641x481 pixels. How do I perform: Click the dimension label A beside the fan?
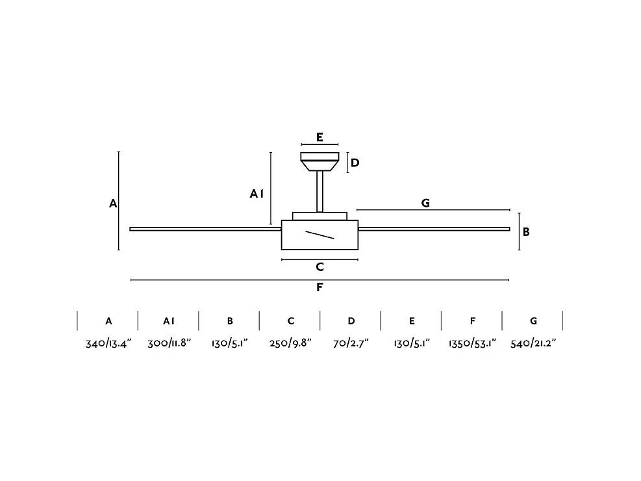pos(113,203)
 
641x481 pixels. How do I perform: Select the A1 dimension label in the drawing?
pos(257,193)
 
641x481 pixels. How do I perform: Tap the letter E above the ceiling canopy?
pos(320,137)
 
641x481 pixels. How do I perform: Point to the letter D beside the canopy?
pos(355,162)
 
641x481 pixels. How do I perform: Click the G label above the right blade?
pos(425,203)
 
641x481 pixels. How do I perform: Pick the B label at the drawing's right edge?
pos(526,231)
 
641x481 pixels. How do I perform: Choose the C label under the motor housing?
pos(320,267)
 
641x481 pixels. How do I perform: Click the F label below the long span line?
pos(320,287)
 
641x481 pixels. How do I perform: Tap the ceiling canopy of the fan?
pos(320,161)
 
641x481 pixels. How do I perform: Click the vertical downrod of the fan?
pos(320,191)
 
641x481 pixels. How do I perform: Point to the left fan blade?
pos(205,229)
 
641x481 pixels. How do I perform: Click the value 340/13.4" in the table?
pos(108,343)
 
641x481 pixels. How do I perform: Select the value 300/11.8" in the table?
pos(169,343)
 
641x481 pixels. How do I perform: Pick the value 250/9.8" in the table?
pos(291,343)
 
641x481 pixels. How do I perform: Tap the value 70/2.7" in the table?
pos(351,343)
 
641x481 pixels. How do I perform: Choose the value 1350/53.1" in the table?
pos(472,343)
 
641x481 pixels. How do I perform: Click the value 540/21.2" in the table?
pos(533,343)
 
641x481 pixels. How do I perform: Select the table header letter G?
pos(533,321)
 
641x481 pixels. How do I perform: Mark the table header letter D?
pos(351,321)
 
